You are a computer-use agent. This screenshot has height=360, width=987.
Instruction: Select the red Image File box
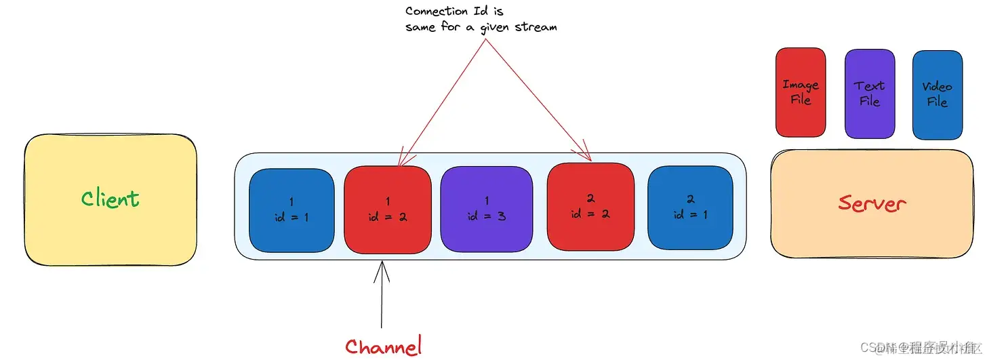(801, 93)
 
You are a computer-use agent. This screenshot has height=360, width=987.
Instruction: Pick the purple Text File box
(870, 94)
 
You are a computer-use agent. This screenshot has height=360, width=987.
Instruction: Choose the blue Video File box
(938, 94)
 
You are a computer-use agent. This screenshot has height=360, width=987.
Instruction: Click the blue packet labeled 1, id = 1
(291, 209)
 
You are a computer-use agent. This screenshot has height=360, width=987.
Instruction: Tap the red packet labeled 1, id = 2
(388, 209)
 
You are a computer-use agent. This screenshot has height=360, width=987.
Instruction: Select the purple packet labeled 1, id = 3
(487, 209)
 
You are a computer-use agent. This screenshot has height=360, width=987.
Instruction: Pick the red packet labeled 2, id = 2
(590, 206)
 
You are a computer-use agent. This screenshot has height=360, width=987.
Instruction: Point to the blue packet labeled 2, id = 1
(690, 207)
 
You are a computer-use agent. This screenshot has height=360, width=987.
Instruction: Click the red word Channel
(383, 346)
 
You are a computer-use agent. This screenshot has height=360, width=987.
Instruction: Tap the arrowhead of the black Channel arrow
(382, 266)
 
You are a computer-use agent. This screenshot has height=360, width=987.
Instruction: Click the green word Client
(110, 199)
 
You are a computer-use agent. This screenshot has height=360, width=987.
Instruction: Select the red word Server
(872, 202)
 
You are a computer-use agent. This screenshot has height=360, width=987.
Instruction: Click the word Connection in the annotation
(437, 12)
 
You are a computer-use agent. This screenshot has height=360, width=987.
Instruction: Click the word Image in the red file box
(801, 85)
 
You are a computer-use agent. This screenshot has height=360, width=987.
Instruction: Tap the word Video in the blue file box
(938, 86)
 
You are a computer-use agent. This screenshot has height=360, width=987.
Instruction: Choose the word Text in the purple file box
(870, 85)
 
